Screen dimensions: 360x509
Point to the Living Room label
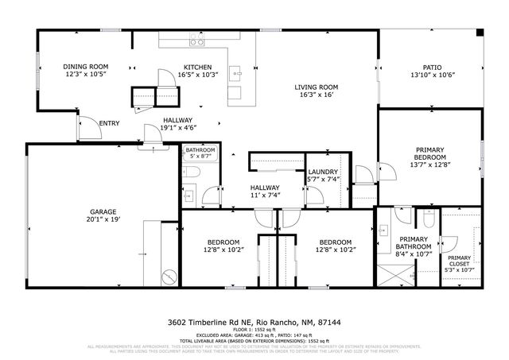click(317, 87)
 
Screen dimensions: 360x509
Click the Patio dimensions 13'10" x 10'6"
click(431, 75)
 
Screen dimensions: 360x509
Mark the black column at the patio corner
click(480, 33)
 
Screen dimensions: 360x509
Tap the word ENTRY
click(109, 123)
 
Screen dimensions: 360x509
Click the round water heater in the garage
click(169, 277)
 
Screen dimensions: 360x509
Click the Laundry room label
click(323, 172)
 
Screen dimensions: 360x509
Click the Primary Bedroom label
click(429, 149)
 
